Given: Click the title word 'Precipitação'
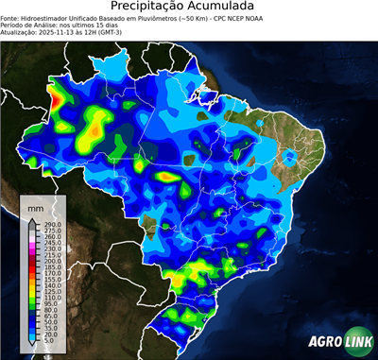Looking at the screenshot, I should point(150,8).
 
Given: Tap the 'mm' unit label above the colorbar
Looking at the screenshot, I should point(36,206).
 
